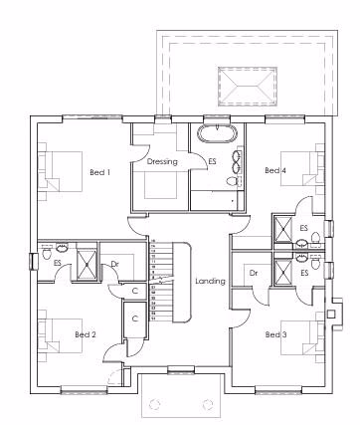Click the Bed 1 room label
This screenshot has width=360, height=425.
99,172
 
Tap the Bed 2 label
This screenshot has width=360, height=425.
86,333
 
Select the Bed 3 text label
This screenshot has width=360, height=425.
275,334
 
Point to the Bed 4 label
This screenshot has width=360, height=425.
275,171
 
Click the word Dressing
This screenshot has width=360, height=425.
162,161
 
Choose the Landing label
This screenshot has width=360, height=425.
211,282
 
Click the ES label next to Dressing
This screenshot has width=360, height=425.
211,161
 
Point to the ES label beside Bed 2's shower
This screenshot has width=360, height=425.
58,263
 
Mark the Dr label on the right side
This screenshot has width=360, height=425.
255,273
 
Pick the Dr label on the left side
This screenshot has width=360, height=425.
115,264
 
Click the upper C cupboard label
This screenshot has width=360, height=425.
135,290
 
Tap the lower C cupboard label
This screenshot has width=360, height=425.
135,319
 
